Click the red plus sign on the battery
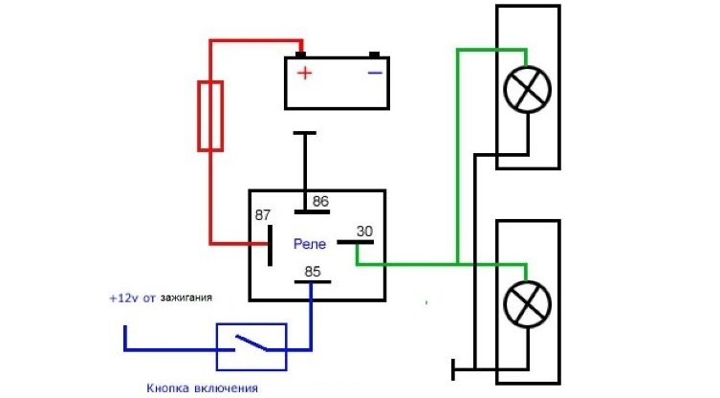pyautogui.click(x=304, y=73)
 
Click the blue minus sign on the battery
pyautogui.click(x=375, y=72)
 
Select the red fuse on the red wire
pyautogui.click(x=210, y=116)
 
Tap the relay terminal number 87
pyautogui.click(x=263, y=215)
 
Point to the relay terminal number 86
pyautogui.click(x=320, y=202)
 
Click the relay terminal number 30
pyautogui.click(x=364, y=232)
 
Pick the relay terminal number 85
pyautogui.click(x=313, y=271)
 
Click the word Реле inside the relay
pyautogui.click(x=310, y=244)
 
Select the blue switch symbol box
pyautogui.click(x=252, y=346)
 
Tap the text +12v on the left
pyautogui.click(x=125, y=298)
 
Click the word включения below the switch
pyautogui.click(x=226, y=387)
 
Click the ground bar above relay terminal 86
pyautogui.click(x=305, y=135)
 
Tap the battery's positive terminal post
pyautogui.click(x=300, y=54)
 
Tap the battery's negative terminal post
pyautogui.click(x=375, y=54)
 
